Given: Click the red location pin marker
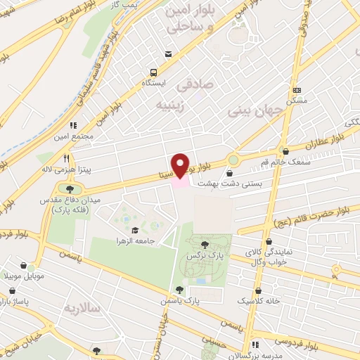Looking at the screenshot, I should click(x=181, y=165).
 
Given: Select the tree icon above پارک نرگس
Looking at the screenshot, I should click(x=205, y=245).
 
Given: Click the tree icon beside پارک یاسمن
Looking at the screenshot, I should click(x=180, y=289).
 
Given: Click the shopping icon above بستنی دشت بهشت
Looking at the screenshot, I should click(x=231, y=172).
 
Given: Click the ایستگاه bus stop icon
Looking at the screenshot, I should click(x=153, y=72).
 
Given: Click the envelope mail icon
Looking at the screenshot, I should click(x=167, y=54).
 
